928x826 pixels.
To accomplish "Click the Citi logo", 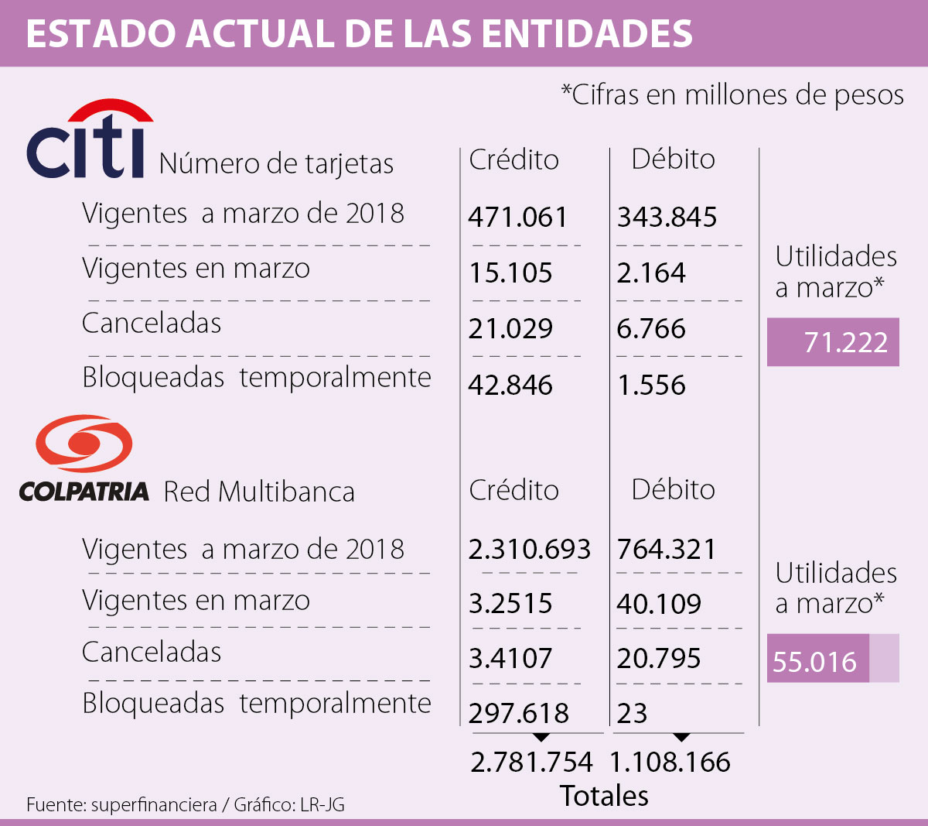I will coord(87,142).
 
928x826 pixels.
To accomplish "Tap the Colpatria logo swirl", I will coord(84,444).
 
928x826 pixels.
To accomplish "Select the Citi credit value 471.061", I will coord(517,218).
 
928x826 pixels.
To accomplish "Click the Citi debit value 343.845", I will coord(667,218).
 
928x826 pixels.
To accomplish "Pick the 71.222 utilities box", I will coord(833,342).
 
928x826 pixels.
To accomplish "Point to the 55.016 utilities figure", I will coord(815,662).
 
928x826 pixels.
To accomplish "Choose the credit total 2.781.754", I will coord(531,762).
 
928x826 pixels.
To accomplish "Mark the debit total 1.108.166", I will coord(670,762).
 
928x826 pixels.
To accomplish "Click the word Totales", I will coord(604,796).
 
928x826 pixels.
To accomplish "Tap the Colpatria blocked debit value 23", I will coord(632,713).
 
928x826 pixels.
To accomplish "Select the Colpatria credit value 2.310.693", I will coord(529,550).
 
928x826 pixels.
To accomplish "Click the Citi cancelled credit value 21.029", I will coord(510,329).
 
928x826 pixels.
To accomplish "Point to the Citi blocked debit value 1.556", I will coord(651,385).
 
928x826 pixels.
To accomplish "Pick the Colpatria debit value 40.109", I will coord(659,604).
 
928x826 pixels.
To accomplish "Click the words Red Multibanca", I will coord(259,492).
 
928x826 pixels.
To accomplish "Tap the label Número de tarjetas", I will coord(276,164).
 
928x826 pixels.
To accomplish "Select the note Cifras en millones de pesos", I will coord(732,95).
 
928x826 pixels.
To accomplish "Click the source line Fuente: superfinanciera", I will coord(121,805).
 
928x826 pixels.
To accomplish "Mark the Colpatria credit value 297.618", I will coord(518,713).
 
